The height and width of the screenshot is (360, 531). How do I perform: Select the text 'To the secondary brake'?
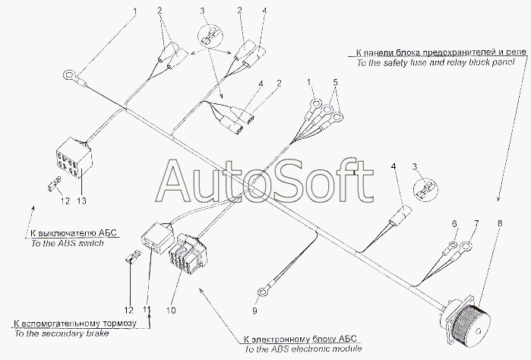click(54, 333)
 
